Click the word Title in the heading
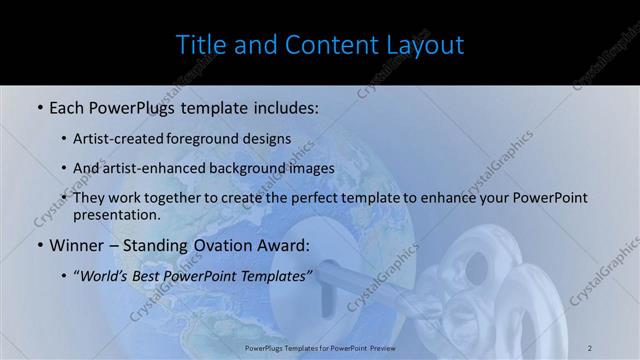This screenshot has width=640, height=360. [198, 45]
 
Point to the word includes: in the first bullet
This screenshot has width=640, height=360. [283, 105]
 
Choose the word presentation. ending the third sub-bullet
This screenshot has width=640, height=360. [116, 214]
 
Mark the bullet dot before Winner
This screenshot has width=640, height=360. [39, 245]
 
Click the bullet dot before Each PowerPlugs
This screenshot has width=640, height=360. [39, 105]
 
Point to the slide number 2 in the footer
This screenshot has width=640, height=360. [590, 347]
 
